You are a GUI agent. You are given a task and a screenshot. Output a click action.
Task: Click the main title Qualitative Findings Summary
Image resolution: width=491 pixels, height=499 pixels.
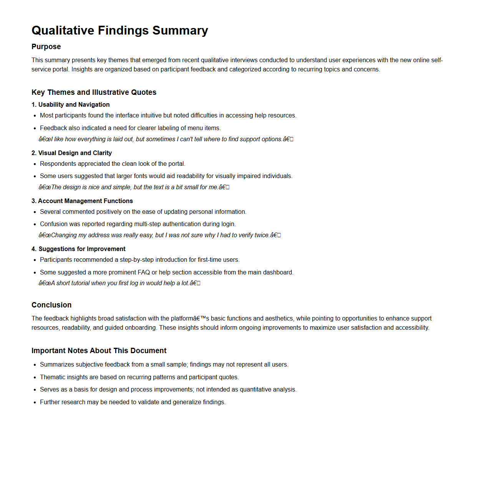pyautogui.click(x=119, y=30)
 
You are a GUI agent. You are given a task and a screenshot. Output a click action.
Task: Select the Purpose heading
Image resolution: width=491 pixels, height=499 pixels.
pyautogui.click(x=46, y=46)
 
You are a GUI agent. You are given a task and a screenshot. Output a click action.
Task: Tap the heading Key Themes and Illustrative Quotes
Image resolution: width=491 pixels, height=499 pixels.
pyautogui.click(x=94, y=92)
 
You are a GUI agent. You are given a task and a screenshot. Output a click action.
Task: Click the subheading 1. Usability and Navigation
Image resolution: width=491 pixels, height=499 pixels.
pyautogui.click(x=71, y=104)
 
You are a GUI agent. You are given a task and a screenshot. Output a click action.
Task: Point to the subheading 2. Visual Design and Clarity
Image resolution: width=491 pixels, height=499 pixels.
pyautogui.click(x=71, y=153)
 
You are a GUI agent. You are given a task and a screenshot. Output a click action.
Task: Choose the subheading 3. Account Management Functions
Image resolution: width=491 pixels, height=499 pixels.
pyautogui.click(x=82, y=201)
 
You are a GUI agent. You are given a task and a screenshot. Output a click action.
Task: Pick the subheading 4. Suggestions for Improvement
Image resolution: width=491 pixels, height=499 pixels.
pyautogui.click(x=78, y=249)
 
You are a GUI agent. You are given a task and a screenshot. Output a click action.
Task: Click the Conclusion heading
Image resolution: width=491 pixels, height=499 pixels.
pyautogui.click(x=51, y=305)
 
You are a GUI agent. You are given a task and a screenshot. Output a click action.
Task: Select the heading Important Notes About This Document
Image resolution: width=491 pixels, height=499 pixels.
pyautogui.click(x=99, y=350)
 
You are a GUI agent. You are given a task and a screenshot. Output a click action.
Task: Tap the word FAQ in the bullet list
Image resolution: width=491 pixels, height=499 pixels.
pyautogui.click(x=144, y=272)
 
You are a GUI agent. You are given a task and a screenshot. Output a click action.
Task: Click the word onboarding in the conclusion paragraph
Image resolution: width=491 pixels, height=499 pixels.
pyautogui.click(x=142, y=327)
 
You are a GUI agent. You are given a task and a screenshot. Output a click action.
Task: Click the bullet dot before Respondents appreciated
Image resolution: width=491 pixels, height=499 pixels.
pyautogui.click(x=35, y=164)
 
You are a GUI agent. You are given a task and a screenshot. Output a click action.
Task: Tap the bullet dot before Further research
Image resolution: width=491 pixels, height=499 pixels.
pyautogui.click(x=35, y=402)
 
